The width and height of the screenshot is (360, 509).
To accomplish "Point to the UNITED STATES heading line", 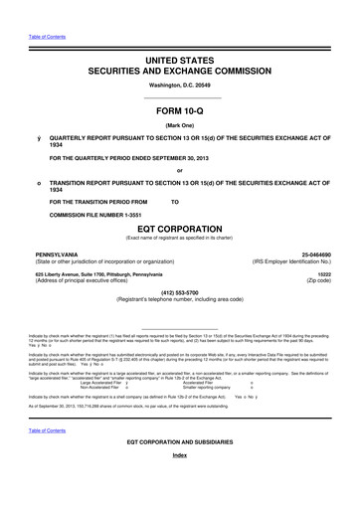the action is tap(180, 61).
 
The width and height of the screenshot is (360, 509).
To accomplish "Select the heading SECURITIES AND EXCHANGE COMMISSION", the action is tap(180, 73).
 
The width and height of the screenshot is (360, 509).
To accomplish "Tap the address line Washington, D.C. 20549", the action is tap(180, 87).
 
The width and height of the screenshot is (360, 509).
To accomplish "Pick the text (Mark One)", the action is tap(180, 124).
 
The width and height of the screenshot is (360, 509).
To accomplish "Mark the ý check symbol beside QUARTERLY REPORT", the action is tap(38, 136).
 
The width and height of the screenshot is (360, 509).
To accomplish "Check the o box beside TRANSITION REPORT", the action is tap(38, 184).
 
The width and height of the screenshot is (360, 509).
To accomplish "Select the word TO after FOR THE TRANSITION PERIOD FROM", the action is tap(175, 203).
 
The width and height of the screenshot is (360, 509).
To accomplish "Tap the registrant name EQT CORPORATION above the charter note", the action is tap(180, 228).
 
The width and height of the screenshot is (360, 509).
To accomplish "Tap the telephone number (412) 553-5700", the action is tap(180, 293).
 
